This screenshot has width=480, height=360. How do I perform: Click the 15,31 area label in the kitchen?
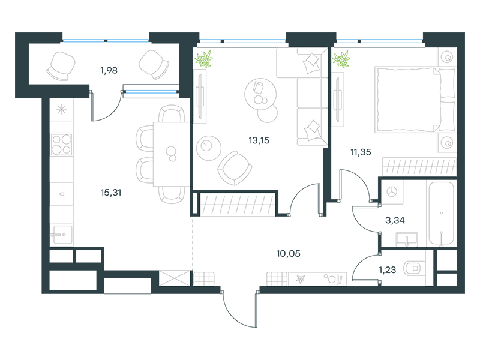111,193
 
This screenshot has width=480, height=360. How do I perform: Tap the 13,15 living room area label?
259,140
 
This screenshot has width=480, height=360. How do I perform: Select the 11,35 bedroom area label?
361,152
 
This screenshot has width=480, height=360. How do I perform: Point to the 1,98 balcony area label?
109,70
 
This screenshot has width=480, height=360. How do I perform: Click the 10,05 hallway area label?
289,253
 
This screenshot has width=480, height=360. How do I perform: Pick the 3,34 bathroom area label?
395,220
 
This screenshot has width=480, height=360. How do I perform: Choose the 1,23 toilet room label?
387,270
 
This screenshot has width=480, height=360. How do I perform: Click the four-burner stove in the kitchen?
62,145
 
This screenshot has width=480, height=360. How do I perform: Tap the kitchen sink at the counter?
61,235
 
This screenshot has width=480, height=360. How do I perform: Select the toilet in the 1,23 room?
413,268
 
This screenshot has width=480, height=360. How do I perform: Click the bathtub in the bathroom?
441,214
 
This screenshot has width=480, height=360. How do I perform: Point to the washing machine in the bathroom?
392,192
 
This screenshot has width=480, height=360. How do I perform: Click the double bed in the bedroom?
415,100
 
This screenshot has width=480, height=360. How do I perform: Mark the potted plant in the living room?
203,59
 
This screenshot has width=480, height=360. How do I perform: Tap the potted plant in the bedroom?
341,59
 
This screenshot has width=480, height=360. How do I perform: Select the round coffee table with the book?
260,94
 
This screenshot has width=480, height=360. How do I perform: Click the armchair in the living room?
235,168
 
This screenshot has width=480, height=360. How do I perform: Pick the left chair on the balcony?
61,66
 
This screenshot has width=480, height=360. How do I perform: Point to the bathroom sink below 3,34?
407,239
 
